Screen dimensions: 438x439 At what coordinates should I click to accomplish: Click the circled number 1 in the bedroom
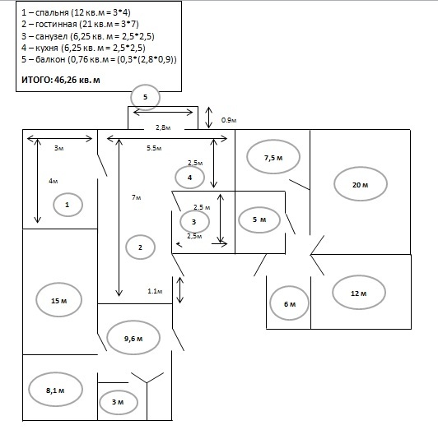[x=68, y=205]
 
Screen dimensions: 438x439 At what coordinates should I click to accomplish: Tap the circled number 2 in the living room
[x=140, y=247]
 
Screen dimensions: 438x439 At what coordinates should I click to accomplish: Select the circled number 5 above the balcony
[x=145, y=97]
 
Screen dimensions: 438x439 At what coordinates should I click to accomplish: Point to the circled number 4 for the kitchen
[x=189, y=178]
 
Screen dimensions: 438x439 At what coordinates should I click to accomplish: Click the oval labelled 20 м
[x=361, y=184]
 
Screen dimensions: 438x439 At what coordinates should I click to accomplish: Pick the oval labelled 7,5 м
[x=273, y=157]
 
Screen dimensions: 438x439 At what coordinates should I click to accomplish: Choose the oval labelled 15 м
[x=59, y=300]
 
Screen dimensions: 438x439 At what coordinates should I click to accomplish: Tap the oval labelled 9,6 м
[x=133, y=338]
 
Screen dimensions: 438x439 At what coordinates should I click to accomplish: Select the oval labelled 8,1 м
[x=55, y=390]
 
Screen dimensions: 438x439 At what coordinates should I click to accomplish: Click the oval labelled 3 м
[x=119, y=402]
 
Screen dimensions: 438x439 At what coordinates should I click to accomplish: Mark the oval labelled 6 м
[x=289, y=303]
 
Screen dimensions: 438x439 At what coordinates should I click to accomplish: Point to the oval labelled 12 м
[x=359, y=293]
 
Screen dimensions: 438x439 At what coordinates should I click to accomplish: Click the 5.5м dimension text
[x=154, y=148]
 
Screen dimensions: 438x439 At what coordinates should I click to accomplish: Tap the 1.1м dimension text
[x=155, y=291]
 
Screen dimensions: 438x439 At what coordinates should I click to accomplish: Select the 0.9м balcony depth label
[x=229, y=120]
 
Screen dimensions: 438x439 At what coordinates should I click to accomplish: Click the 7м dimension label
[x=137, y=197]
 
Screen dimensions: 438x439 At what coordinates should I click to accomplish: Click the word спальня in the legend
[x=52, y=13]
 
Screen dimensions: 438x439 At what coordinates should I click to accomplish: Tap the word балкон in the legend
[x=50, y=59]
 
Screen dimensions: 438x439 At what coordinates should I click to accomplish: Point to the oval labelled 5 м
[x=259, y=219]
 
